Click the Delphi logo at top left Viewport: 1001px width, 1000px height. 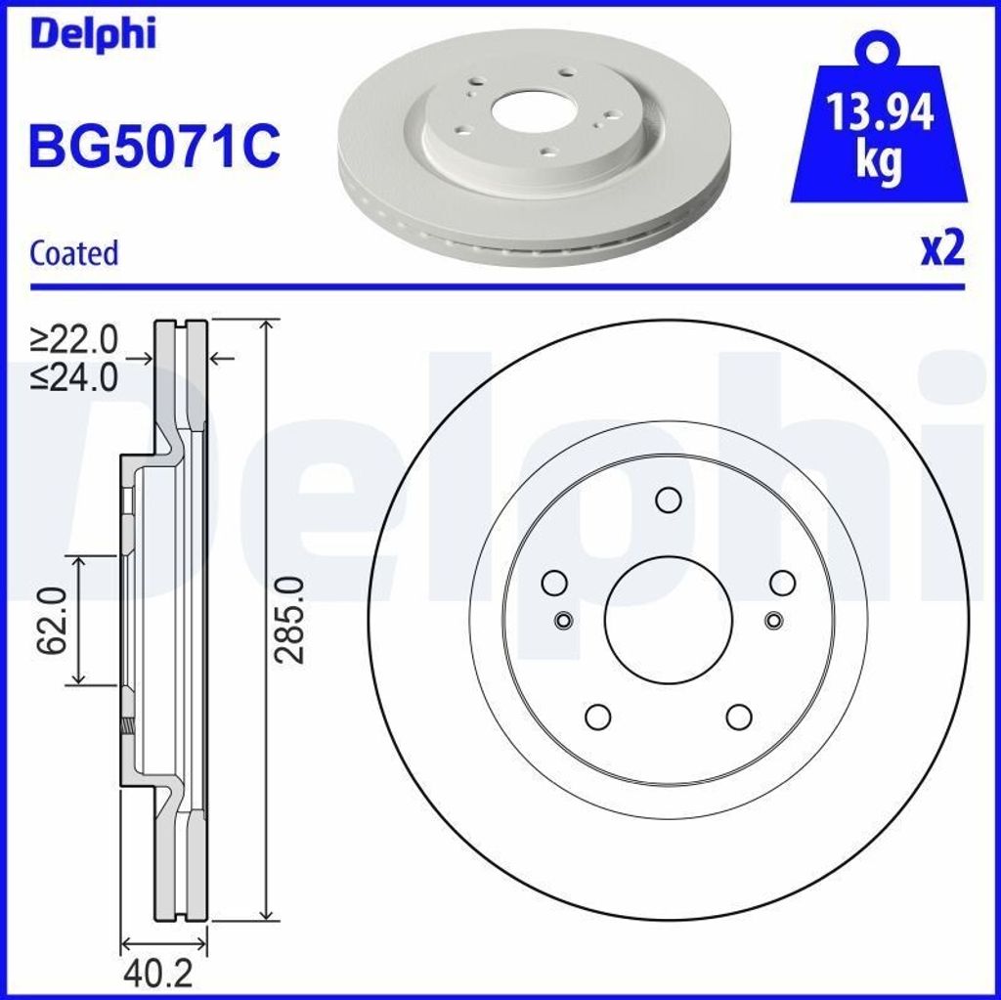coord(92,34)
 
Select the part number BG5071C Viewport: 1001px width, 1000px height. coord(154,146)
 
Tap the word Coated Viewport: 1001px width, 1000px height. coord(74,253)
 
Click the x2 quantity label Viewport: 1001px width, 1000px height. coord(942,249)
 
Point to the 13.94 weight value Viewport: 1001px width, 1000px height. coord(880,113)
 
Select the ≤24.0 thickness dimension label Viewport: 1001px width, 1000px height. coord(74,377)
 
